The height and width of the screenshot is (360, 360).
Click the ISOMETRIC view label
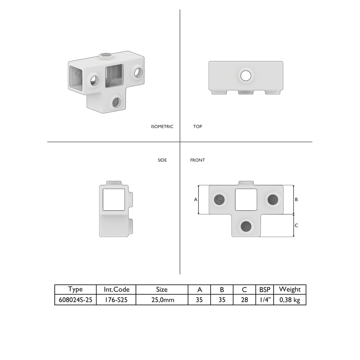pos(162,127)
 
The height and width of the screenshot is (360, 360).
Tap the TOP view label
pos(198,127)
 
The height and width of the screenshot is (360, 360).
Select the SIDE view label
pos(162,160)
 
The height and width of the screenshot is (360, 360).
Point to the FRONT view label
pos(197,160)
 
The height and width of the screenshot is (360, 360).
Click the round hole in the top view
pos(246,75)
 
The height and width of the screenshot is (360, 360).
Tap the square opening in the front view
pos(246,199)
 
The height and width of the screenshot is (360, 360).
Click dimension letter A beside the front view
pos(196,199)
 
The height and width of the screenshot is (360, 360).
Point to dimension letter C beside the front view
pos(296,225)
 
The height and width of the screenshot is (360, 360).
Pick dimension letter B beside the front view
pos(296,199)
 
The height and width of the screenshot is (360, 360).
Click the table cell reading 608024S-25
pos(75,300)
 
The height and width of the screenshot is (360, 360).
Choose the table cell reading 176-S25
pos(116,300)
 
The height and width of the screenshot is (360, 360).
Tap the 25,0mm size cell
pos(163,300)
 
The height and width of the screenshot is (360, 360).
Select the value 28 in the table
pos(244,300)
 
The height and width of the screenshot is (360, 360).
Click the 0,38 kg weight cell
pos(289,300)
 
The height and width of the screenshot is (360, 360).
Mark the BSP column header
pos(265,289)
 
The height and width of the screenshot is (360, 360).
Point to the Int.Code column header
pos(116,289)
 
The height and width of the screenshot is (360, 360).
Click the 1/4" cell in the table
pos(265,300)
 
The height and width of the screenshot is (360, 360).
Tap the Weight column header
pos(289,289)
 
